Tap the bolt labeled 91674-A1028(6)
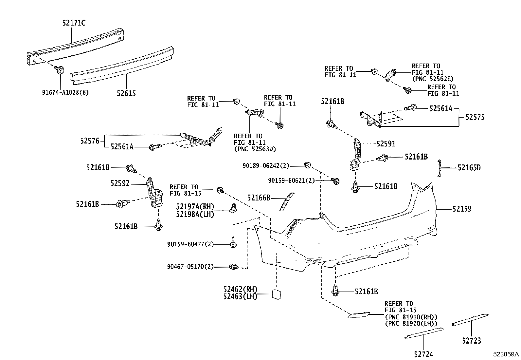coord(61,70)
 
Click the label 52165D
coord(469,168)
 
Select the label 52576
coord(90,141)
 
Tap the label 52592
coord(120,183)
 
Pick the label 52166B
coord(259,198)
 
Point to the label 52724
coord(423,354)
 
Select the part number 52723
coord(472,341)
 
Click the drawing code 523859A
coord(506,354)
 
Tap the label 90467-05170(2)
coord(190,267)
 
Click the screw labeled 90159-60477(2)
coord(233,244)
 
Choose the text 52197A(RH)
coord(195,207)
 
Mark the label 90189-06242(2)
coord(266,166)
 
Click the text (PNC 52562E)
coord(432,79)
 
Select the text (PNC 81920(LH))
coord(411,323)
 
